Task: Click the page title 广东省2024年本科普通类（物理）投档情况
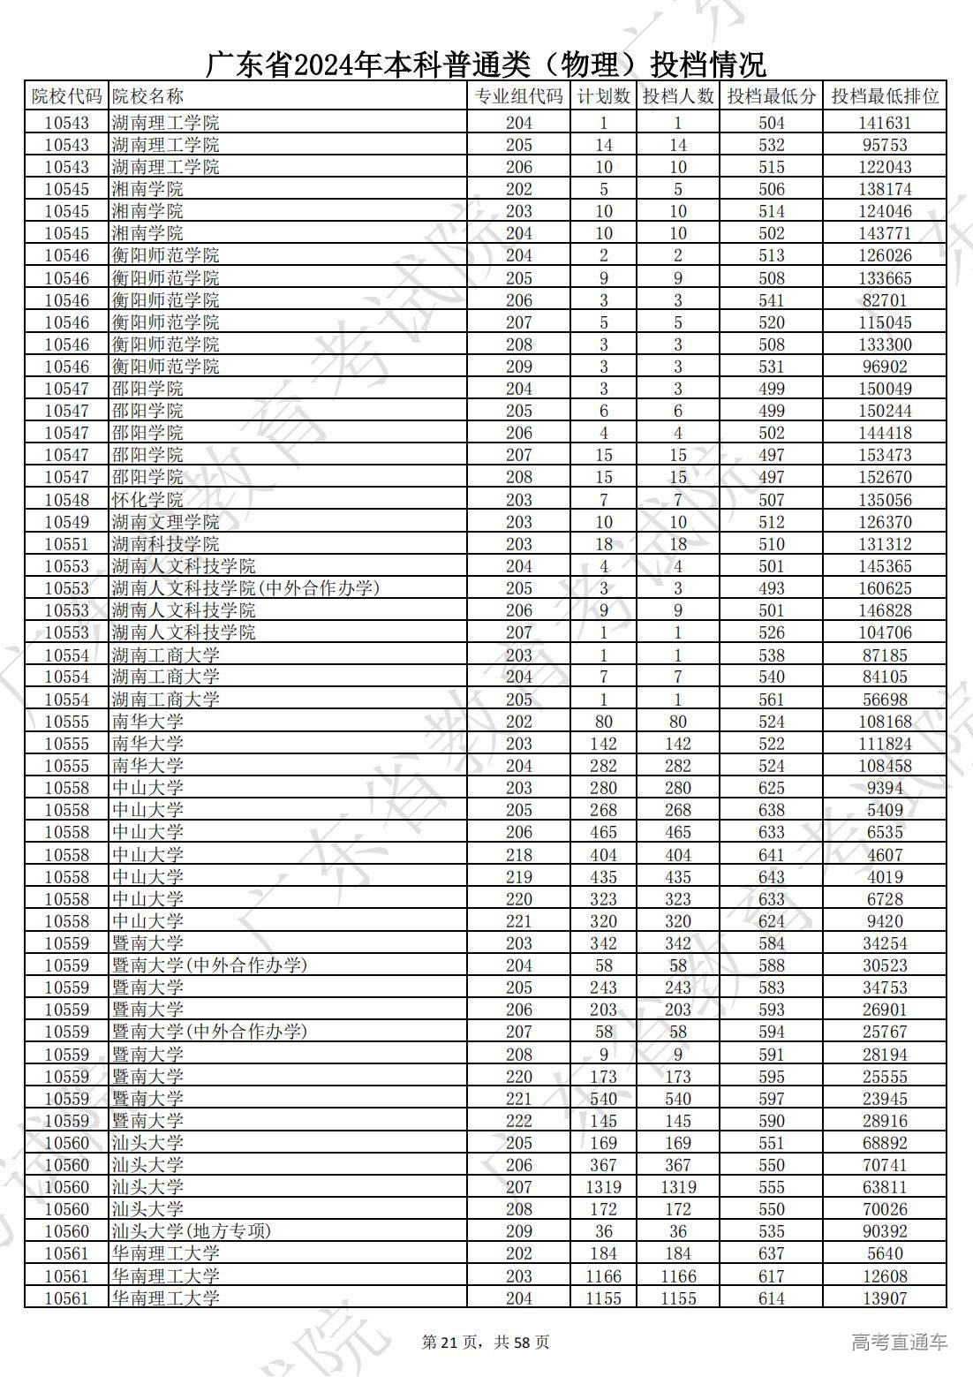[x=486, y=64]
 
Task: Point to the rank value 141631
[x=884, y=124]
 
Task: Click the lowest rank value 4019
[x=884, y=877]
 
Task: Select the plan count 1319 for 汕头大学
[x=604, y=1187]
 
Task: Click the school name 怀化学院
[x=147, y=500]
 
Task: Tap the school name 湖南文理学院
[x=165, y=522]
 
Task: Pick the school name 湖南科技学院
[x=165, y=544]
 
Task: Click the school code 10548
[x=66, y=500]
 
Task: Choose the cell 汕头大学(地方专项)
[x=191, y=1231]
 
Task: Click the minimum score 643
[x=771, y=877]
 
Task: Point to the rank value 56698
[x=884, y=700]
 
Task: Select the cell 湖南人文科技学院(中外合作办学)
[x=245, y=588]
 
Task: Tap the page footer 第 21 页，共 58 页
[x=486, y=1343]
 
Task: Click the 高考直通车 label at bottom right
[x=899, y=1343]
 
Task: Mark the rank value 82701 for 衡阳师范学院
[x=884, y=300]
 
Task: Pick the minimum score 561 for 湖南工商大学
[x=771, y=700]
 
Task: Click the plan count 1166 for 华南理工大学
[x=604, y=1276]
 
